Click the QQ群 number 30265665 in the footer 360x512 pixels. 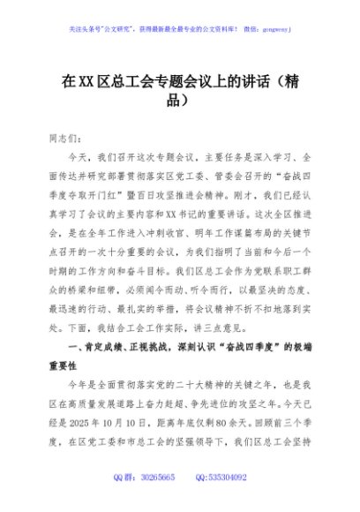(x=156, y=499)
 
